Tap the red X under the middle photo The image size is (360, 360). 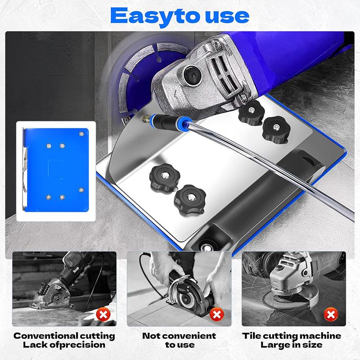click(217, 313)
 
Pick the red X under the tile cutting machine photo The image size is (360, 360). click(332, 313)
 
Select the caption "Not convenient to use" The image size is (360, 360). click(179, 340)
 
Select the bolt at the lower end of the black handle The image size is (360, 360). click(207, 247)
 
